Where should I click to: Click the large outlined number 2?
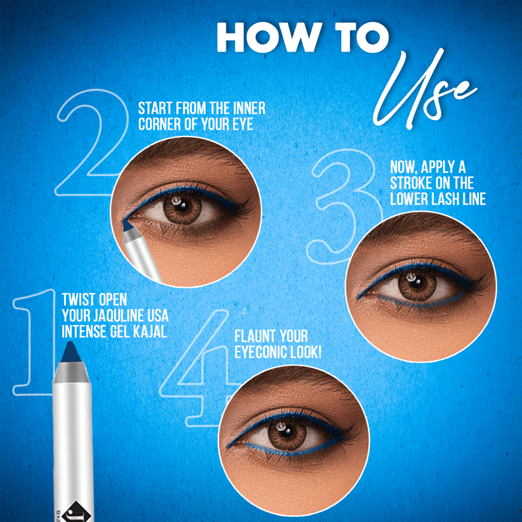91,142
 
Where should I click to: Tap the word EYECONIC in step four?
261,352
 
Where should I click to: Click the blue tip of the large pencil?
71,352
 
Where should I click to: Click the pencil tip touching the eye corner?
127,225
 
